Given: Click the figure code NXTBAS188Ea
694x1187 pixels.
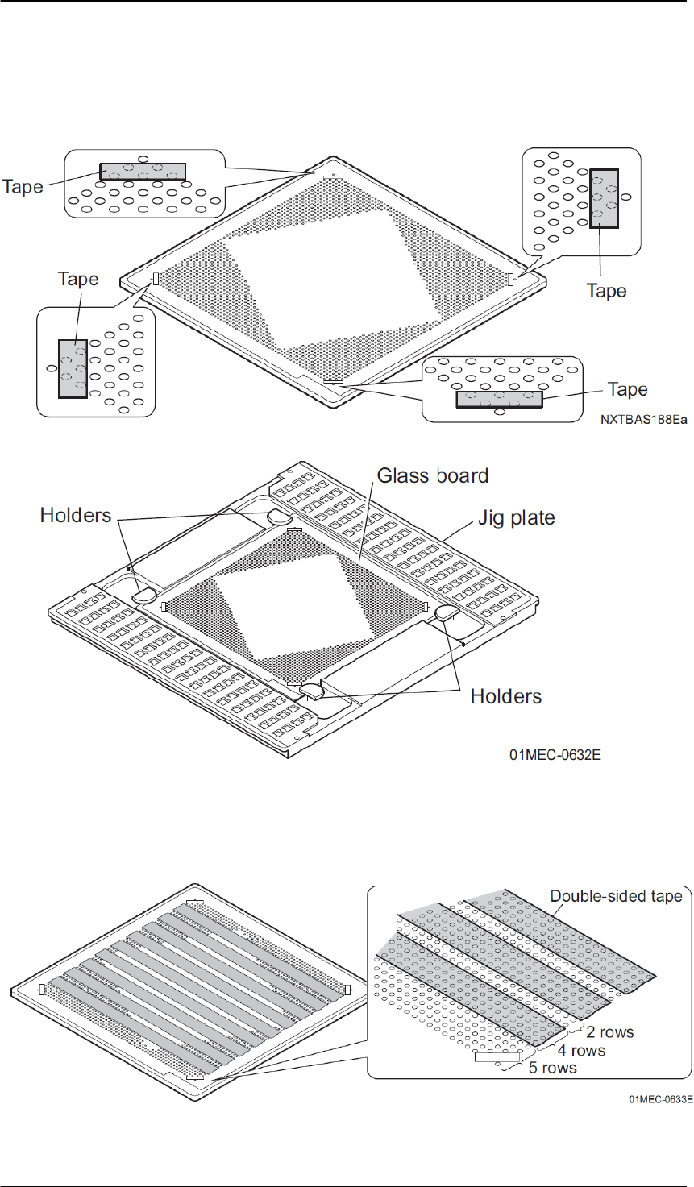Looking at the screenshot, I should [642, 420].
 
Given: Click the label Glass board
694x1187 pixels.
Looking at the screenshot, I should [434, 475].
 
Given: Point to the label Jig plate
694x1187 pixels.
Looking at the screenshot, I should [516, 517].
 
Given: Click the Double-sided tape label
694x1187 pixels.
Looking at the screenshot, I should [617, 896].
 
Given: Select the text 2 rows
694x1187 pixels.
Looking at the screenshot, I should [611, 1032].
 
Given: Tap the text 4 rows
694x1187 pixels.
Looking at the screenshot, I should [582, 1050].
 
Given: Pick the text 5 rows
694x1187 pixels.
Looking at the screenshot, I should [553, 1068].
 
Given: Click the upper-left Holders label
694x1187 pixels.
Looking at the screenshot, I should [76, 515].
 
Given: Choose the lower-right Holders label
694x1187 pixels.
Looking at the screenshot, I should [506, 695].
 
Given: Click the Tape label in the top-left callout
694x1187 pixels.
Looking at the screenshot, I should [23, 186].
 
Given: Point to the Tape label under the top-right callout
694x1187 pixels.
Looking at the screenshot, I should [606, 290].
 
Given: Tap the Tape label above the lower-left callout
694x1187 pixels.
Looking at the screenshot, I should [78, 279].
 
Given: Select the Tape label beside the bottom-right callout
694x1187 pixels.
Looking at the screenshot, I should [627, 390].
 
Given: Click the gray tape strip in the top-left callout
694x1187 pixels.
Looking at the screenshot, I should [142, 172].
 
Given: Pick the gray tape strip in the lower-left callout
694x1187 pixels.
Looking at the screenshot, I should [73, 367].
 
